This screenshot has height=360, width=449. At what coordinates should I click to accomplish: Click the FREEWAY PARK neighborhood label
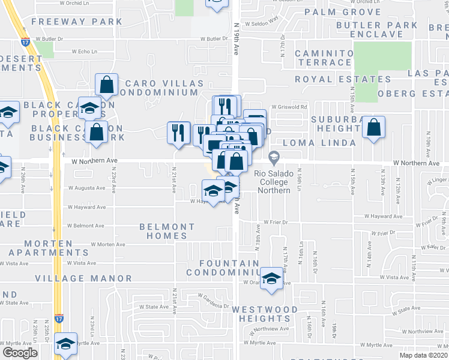77,22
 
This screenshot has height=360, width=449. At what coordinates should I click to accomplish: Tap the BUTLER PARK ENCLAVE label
377,29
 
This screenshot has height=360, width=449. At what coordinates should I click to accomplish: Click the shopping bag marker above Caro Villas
106,85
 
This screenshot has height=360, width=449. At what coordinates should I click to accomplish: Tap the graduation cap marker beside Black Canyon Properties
89,107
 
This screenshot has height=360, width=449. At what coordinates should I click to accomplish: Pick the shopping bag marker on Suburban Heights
373,127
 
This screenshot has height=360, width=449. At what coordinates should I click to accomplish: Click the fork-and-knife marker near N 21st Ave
178,131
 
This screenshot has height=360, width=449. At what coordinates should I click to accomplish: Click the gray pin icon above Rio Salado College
274,158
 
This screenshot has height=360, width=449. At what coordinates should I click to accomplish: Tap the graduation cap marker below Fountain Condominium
271,279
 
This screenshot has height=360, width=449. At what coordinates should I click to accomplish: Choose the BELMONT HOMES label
167,231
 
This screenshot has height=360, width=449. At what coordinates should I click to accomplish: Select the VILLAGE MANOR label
83,278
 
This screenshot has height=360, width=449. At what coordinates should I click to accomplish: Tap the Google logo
20,352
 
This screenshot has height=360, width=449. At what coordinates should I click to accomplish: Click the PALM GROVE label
343,12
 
